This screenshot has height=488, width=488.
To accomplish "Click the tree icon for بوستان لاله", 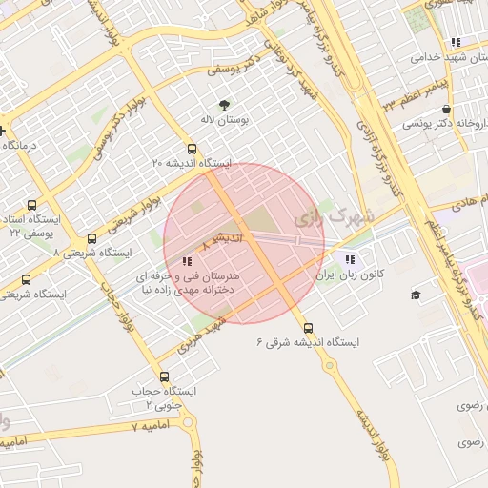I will tap(224, 105).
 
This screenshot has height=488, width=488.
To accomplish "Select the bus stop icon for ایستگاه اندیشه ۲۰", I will tap(192, 149).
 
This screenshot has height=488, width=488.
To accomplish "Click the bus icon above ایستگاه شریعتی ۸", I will tap(91, 238).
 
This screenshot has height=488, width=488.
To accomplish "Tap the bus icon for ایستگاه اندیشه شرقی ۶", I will tap(298, 327).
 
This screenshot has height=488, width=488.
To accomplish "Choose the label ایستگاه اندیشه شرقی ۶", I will tap(298, 342).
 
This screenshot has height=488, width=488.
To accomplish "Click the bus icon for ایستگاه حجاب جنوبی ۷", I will tap(164, 376).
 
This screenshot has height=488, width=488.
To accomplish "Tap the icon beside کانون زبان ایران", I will tap(350, 259).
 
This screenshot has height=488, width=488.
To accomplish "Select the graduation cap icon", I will tap(415, 295).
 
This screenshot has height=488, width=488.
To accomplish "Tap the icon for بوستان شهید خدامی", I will tap(456, 42).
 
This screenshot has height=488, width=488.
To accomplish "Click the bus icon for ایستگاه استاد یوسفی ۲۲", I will tap(32, 204).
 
